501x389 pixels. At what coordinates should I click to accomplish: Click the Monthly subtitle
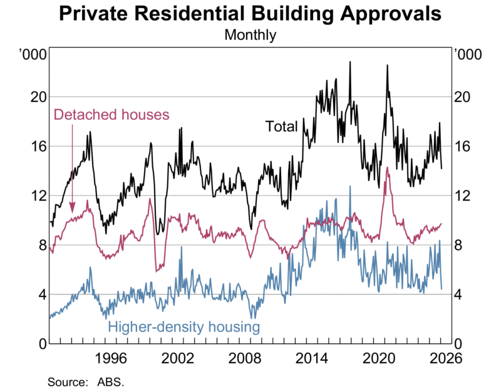250,34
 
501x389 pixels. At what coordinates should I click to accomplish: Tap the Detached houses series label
111,115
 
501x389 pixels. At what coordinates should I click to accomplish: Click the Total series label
281,126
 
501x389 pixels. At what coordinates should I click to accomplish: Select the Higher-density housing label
183,327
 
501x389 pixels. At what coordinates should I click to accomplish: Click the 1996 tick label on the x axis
111,359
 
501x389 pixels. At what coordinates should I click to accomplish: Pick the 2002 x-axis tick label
178,359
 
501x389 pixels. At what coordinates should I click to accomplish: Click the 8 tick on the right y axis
459,245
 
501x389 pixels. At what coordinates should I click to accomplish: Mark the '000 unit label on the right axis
467,55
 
